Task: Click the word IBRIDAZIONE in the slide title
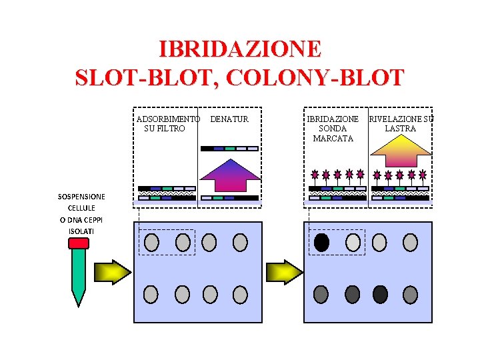[240, 49]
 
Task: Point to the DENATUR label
[229, 119]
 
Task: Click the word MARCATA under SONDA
[333, 138]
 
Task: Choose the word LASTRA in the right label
[400, 129]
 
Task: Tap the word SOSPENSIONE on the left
[81, 197]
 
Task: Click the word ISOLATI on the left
[81, 231]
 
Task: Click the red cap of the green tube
[79, 243]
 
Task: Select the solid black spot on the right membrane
[321, 243]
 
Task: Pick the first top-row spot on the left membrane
[151, 243]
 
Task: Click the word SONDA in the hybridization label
[333, 129]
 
